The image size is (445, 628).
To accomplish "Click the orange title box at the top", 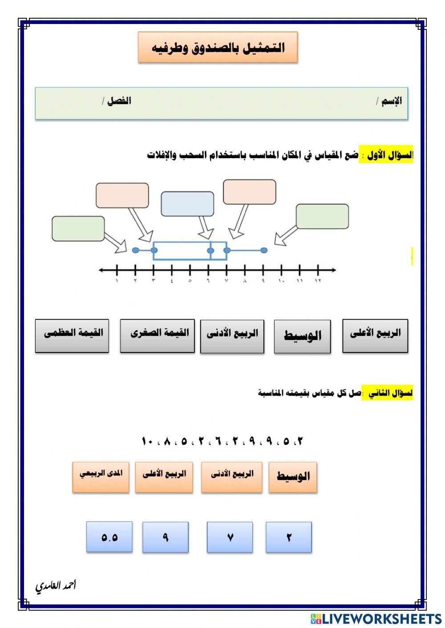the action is click(x=218, y=47).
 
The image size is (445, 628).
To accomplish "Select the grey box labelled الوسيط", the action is click(x=302, y=336).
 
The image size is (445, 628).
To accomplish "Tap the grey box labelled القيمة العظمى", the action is click(x=72, y=336).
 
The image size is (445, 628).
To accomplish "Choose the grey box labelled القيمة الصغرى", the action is click(x=157, y=336).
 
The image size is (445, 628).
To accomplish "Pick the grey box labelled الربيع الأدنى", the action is click(x=232, y=336).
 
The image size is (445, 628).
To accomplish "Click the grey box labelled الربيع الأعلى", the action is click(x=375, y=336).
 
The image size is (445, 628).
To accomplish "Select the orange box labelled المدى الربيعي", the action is click(x=101, y=477).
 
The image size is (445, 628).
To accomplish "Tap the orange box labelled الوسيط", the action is click(x=293, y=477).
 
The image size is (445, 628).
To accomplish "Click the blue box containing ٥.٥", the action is click(x=109, y=537).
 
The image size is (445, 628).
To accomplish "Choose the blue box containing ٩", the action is click(x=166, y=537).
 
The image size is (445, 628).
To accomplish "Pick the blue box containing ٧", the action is click(x=230, y=537).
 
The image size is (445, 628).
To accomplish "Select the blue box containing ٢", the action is click(x=289, y=537).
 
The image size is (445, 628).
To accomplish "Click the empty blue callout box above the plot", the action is click(x=187, y=204).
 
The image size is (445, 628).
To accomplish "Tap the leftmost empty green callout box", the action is click(x=78, y=228).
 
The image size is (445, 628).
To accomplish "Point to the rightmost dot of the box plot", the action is click(x=264, y=250).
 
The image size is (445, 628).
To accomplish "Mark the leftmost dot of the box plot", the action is click(x=135, y=250).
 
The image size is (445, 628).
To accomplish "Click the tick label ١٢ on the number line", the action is click(x=318, y=281).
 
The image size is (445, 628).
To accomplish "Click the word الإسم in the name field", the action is click(x=392, y=101).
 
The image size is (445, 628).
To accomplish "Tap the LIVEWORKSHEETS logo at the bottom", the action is click(x=376, y=618).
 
